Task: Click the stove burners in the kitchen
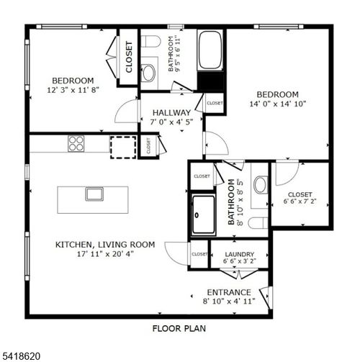(76, 143)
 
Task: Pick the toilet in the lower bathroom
(260, 185)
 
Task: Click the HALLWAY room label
(171, 113)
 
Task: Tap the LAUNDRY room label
(238, 255)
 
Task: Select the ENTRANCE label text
(230, 292)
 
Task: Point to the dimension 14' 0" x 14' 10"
(277, 104)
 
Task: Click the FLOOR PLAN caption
(179, 329)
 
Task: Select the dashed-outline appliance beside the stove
(122, 145)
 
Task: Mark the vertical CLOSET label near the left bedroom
(129, 58)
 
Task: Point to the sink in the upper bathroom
(148, 72)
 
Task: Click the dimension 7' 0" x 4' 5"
(171, 122)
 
